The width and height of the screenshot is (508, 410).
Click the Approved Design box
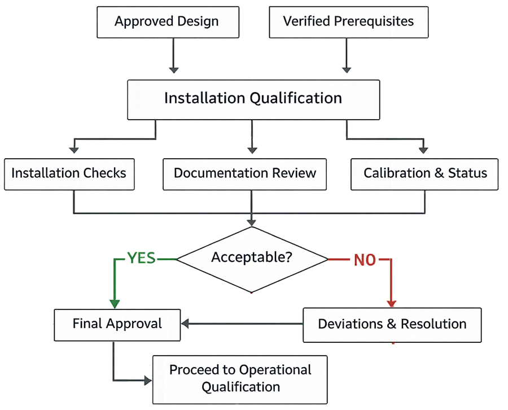tap(167, 22)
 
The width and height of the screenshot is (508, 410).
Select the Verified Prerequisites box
tap(348, 22)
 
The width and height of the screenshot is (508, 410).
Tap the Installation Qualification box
tap(252, 98)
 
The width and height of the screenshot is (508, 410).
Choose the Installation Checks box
tap(69, 173)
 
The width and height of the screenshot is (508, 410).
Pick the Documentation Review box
tap(244, 173)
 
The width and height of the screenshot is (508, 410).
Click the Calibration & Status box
tap(425, 173)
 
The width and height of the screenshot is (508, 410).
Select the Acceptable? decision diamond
tap(252, 258)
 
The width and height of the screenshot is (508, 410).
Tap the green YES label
tap(141, 259)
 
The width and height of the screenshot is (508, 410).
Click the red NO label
tap(365, 260)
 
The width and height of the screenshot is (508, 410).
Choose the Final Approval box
tap(117, 324)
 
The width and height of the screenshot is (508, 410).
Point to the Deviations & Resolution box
tap(392, 324)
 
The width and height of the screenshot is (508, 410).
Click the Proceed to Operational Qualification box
tap(240, 378)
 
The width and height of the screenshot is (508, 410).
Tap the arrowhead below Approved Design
tap(174, 70)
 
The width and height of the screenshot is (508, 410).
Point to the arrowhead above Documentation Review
tap(252, 150)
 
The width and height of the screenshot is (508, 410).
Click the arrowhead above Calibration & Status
tap(423, 150)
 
